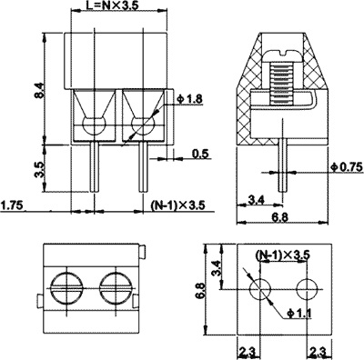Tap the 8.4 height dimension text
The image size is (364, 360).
[40, 90]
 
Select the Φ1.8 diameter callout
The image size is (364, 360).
[190, 99]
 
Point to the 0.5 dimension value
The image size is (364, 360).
[200, 154]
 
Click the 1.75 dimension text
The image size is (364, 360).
[13, 205]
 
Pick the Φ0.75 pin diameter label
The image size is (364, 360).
[347, 167]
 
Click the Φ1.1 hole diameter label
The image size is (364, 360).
[298, 314]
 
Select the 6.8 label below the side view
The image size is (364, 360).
[280, 217]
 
